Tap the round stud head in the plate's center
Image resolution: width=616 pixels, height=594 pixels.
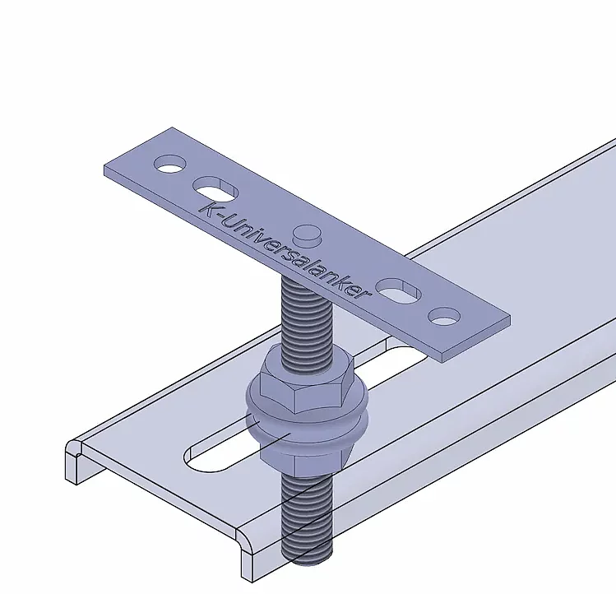[x=306, y=234]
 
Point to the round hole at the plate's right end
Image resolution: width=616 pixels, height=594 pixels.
[x=444, y=315]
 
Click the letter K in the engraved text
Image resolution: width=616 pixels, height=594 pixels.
[x=211, y=207]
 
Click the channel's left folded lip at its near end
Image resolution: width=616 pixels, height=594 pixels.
[x=75, y=457]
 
